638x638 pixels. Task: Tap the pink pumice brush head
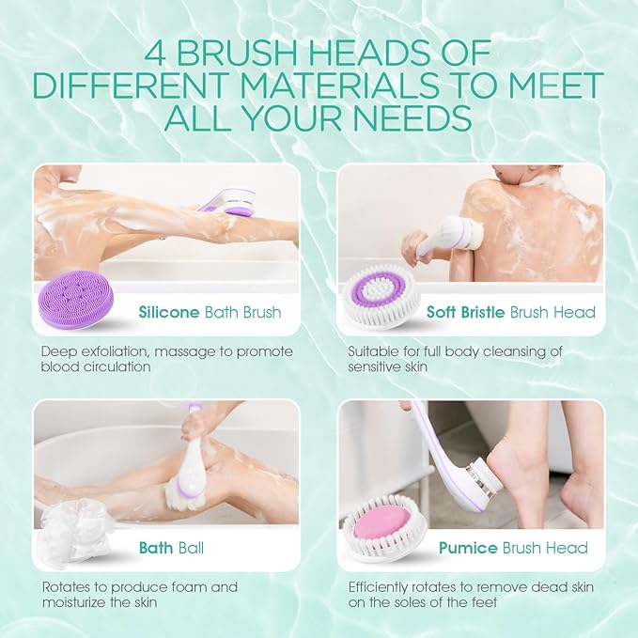pyautogui.click(x=382, y=522)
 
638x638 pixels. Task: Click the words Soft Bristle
pyautogui.click(x=467, y=312)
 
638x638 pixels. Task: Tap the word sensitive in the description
pyautogui.click(x=369, y=367)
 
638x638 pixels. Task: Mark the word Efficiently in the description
pyautogui.click(x=377, y=587)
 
